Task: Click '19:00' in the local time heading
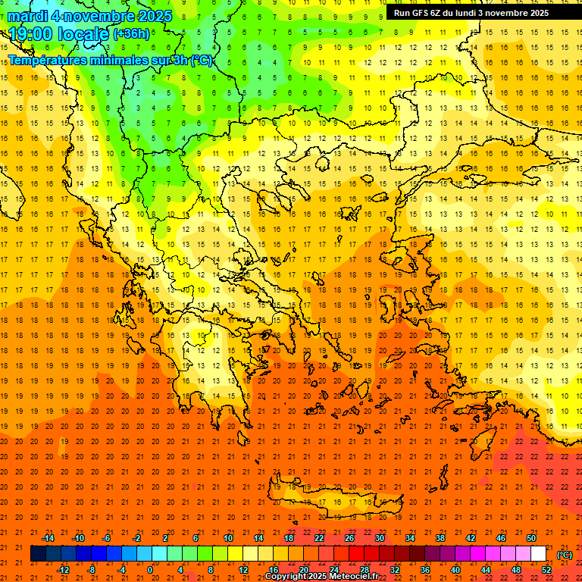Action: pyautogui.click(x=30, y=34)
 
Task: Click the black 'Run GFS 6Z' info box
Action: pyautogui.click(x=471, y=12)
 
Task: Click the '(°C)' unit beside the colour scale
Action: pyautogui.click(x=565, y=555)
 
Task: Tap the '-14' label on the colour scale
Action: pyautogui.click(x=48, y=538)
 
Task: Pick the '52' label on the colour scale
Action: pyautogui.click(x=546, y=570)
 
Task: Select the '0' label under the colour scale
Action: pyautogui.click(x=150, y=570)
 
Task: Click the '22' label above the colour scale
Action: pyautogui.click(x=319, y=538)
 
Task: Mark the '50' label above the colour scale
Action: pyautogui.click(x=531, y=538)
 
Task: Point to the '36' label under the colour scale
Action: pyautogui.click(x=425, y=570)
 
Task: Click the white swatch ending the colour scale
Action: pyautogui.click(x=539, y=554)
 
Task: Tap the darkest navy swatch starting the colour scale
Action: pyautogui.click(x=38, y=554)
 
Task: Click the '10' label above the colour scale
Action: pyautogui.click(x=228, y=538)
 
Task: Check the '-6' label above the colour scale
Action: pyautogui.click(x=107, y=538)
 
